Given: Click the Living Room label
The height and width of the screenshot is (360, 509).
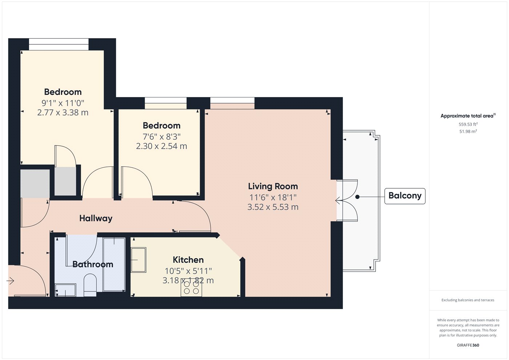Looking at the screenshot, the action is pos(273,186).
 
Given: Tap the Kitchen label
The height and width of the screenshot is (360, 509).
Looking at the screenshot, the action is pos(188,260).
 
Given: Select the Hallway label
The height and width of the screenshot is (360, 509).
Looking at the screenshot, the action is pos(96,219).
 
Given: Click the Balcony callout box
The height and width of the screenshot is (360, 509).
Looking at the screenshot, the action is pos(405,196).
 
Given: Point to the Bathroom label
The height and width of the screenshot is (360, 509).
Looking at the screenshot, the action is pos(93,264).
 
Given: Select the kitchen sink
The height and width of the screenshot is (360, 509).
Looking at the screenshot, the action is pos(139,260).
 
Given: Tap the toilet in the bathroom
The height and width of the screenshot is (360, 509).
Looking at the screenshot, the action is pos(90,285).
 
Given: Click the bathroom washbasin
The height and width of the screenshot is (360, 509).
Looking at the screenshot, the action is pos(65,290).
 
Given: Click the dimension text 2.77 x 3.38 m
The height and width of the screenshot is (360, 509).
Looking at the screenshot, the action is pos(63,112).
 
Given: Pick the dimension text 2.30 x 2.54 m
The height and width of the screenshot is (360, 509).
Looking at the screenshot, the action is pos(161,146).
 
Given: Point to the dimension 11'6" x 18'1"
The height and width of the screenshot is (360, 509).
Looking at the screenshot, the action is pos(273,197).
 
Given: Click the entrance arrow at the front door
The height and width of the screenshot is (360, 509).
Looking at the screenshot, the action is pos(10,281).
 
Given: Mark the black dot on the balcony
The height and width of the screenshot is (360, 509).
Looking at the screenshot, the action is pos(357,197).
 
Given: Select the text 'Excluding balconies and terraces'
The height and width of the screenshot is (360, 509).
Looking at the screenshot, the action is pos(468,300).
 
